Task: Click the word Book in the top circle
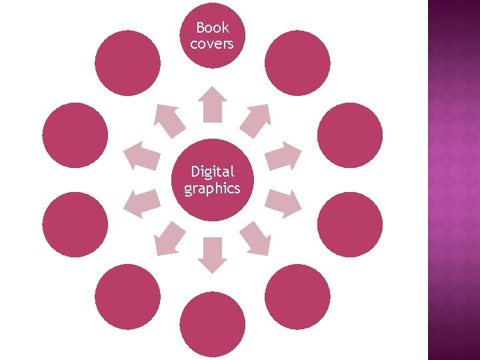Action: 213,28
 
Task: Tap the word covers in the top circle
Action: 213,43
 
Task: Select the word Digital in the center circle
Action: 213,172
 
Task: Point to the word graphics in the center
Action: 213,189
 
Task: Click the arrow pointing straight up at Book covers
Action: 213,104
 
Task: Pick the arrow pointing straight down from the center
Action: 213,255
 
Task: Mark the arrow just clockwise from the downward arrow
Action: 169,239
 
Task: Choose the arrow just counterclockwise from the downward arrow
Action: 255,239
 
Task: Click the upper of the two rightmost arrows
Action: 283,156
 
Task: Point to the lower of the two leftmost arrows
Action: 143,203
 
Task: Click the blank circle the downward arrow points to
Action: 213,325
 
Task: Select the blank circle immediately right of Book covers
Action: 297,63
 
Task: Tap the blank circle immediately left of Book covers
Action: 128,63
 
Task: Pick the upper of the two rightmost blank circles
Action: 350,134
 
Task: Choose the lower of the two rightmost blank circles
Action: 350,224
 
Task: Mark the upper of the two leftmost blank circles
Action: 75,134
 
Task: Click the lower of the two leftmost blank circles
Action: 75,224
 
